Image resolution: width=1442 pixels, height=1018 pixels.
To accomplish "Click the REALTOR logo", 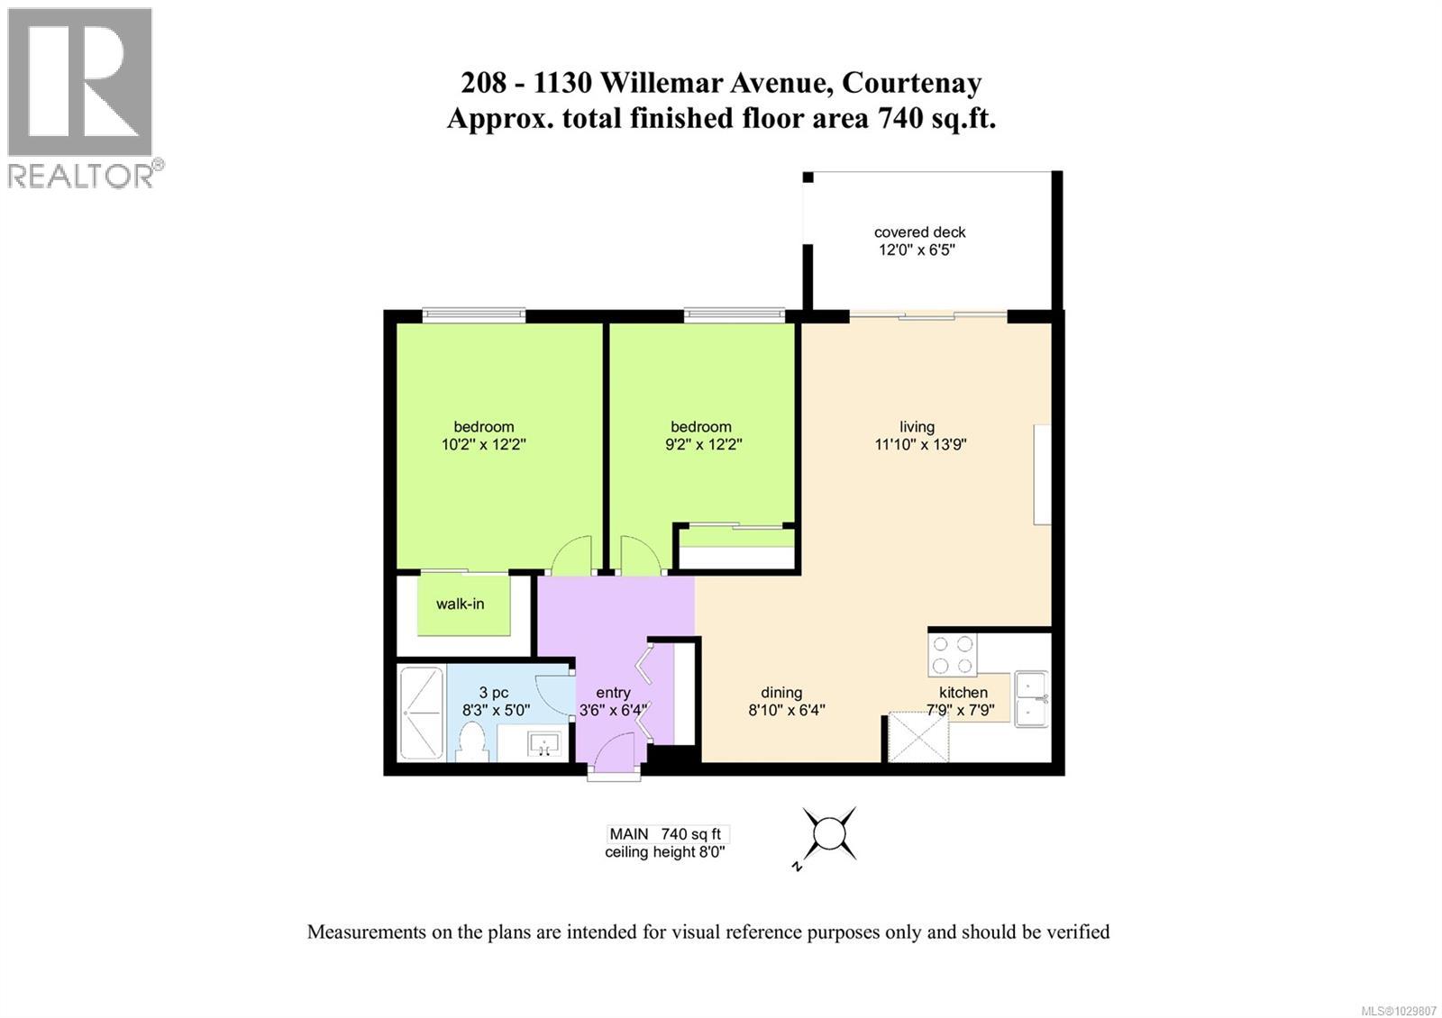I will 81,97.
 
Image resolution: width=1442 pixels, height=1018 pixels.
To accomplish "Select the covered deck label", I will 919,232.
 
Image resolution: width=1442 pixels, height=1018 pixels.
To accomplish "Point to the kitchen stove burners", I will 953,655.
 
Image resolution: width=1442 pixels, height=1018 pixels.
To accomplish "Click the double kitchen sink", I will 1031,698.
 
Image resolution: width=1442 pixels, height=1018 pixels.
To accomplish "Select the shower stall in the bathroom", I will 422,714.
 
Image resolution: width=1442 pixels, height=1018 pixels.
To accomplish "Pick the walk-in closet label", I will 460,604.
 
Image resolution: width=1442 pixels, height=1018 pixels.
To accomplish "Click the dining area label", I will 781,692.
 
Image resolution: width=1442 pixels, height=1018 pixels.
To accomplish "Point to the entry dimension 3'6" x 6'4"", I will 614,710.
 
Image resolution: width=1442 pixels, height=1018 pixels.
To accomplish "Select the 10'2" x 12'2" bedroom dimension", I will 483,444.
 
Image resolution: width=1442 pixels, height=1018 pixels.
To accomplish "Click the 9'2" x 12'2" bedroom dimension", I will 700,444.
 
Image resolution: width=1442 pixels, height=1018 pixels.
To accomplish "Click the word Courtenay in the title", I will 911,83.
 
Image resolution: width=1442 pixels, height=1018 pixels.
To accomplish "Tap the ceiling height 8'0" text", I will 664,852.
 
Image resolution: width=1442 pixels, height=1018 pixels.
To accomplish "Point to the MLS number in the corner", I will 1400,1004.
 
